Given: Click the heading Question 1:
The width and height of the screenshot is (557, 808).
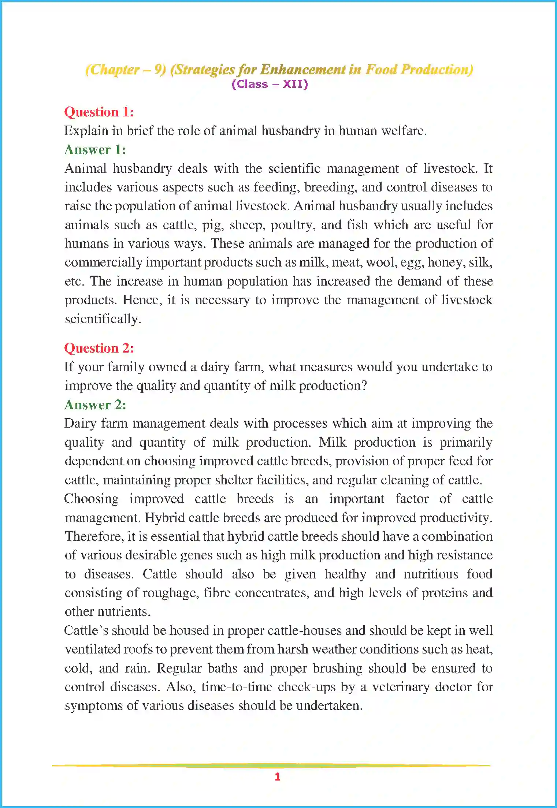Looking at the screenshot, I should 99,112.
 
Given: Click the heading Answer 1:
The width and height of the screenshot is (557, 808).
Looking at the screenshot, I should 95,150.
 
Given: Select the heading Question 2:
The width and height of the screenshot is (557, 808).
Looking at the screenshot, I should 99,348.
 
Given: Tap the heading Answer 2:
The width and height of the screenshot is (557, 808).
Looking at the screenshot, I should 95,405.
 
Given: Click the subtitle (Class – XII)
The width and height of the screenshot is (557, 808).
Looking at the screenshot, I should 270,84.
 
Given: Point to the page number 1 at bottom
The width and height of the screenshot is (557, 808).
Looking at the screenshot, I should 278,777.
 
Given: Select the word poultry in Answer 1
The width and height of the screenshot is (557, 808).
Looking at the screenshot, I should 293,225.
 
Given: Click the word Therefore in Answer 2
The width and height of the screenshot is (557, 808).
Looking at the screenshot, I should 94,536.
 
